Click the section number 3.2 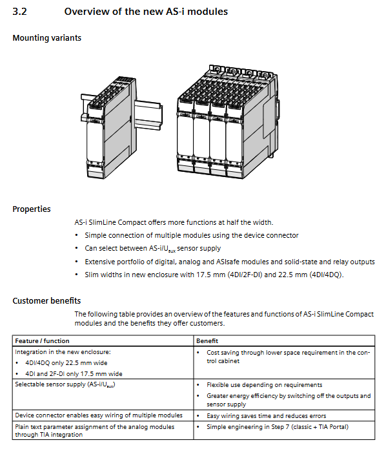[x=19, y=12]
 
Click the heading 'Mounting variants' [x=47, y=38]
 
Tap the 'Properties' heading [x=32, y=209]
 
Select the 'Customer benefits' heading [x=46, y=300]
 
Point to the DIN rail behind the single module [x=149, y=113]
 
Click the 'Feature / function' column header [x=42, y=340]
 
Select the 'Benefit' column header [x=207, y=340]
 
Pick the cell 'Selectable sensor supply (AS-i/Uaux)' [x=65, y=384]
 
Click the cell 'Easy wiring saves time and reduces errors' [x=267, y=416]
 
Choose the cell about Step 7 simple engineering [x=278, y=426]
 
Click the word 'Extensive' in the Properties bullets [x=99, y=262]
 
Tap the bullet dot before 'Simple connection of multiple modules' [x=76, y=235]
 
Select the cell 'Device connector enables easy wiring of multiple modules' [x=99, y=415]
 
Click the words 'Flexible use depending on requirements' [x=265, y=385]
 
